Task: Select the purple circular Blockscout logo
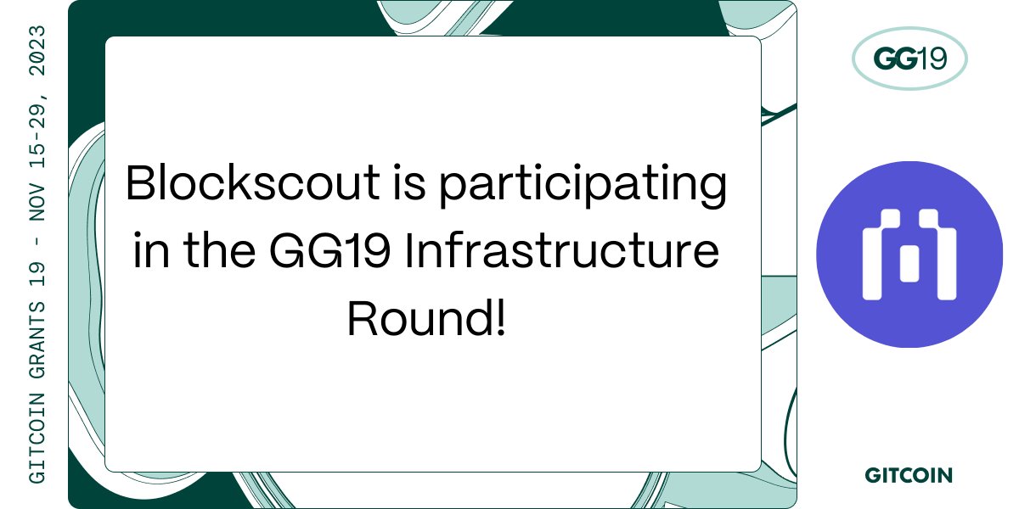tap(909, 255)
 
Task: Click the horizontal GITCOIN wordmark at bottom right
tap(909, 475)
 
